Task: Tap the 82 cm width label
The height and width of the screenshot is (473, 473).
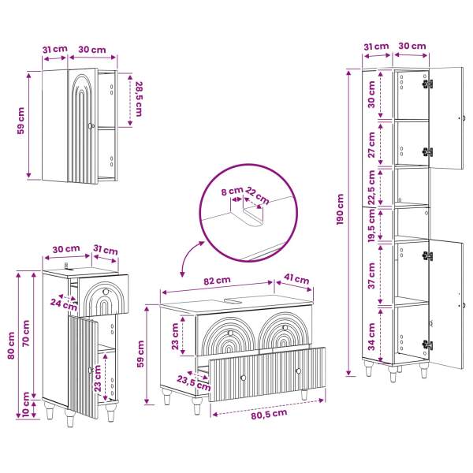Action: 217,281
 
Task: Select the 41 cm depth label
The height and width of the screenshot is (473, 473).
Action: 297,279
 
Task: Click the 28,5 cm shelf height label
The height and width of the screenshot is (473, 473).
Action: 139,99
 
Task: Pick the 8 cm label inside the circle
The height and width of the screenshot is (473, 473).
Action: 232,191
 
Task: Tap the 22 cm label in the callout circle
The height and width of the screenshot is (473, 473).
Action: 257,196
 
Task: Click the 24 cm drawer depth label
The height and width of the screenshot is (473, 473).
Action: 64,304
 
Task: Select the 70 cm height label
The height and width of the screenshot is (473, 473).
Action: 26,333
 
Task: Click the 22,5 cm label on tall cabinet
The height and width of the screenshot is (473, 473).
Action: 371,188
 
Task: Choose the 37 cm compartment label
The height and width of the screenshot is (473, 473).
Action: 371,275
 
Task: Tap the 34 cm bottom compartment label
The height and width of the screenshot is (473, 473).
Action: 371,337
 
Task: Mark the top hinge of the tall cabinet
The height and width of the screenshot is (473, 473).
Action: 427,84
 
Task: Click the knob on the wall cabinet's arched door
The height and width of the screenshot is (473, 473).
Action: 91,126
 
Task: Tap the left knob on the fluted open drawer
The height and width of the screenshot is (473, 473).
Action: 243,378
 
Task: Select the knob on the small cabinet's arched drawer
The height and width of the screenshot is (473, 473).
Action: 106,292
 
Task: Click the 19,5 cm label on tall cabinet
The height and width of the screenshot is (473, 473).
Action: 371,225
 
